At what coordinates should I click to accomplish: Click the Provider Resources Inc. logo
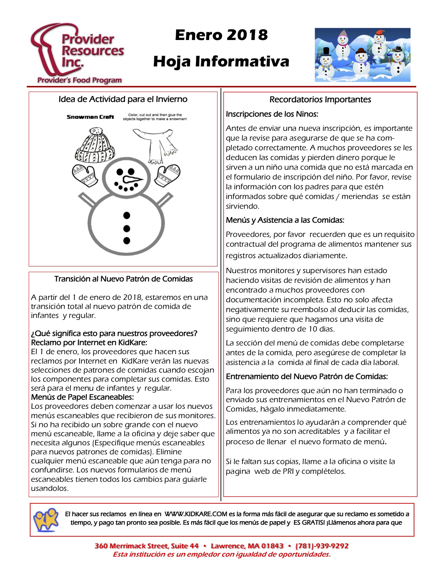77,54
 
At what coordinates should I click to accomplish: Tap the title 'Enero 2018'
221,35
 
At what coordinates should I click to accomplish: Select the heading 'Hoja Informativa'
221,62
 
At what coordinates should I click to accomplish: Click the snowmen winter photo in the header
362,55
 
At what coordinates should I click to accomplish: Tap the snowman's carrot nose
132,180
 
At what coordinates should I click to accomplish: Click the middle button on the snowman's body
127,229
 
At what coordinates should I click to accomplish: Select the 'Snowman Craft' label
90,117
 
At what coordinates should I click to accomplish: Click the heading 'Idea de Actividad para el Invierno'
123,99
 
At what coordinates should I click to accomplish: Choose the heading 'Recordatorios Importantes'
320,99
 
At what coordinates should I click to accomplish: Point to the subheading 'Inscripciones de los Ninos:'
272,114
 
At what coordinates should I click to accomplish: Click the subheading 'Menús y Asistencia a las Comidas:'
285,220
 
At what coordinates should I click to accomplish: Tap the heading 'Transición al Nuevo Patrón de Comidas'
123,279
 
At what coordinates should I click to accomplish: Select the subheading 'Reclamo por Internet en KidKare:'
89,342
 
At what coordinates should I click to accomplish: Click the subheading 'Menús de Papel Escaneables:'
82,397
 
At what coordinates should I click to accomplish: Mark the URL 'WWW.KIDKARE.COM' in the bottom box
196,514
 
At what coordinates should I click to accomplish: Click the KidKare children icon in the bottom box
46,519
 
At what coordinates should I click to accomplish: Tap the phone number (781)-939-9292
322,546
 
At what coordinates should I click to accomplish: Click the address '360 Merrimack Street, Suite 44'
146,546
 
